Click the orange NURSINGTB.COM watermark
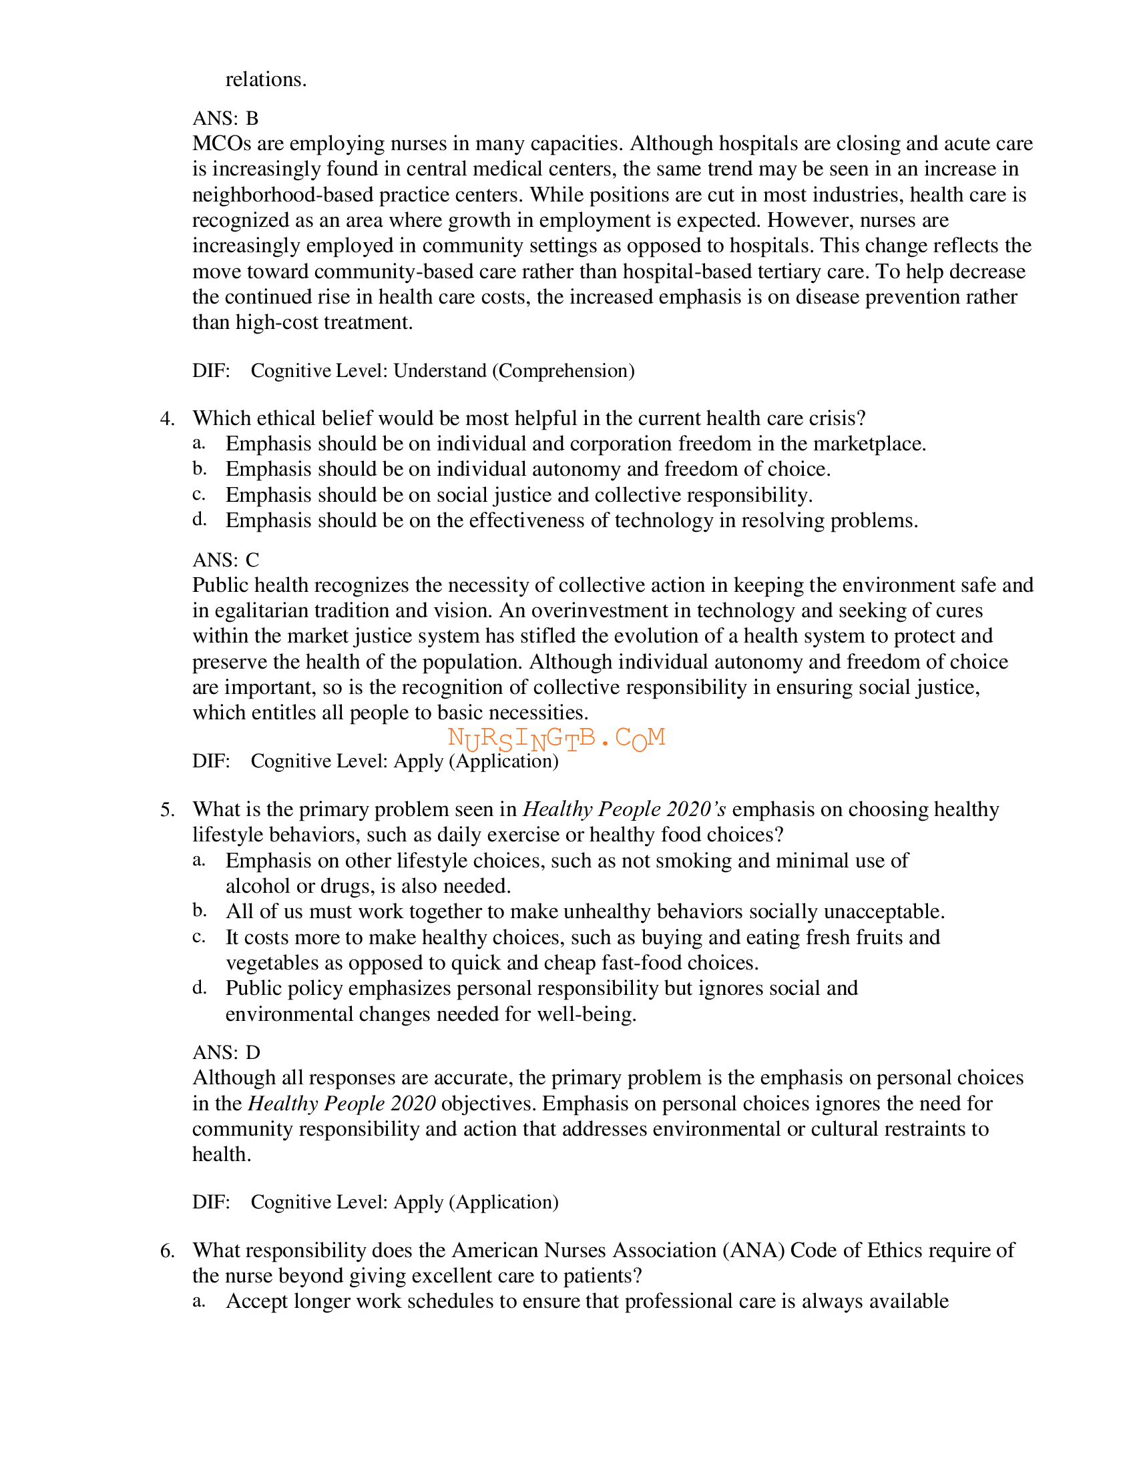pos(556,739)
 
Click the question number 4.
pos(167,419)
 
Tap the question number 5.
pos(167,809)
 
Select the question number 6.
pos(167,1250)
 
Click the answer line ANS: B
pos(225,118)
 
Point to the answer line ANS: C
pos(225,560)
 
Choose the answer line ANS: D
pos(226,1052)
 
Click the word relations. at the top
pos(266,80)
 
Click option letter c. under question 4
pos(198,494)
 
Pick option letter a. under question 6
pos(198,1301)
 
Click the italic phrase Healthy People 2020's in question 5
pos(624,809)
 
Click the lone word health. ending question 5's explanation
pos(221,1155)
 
